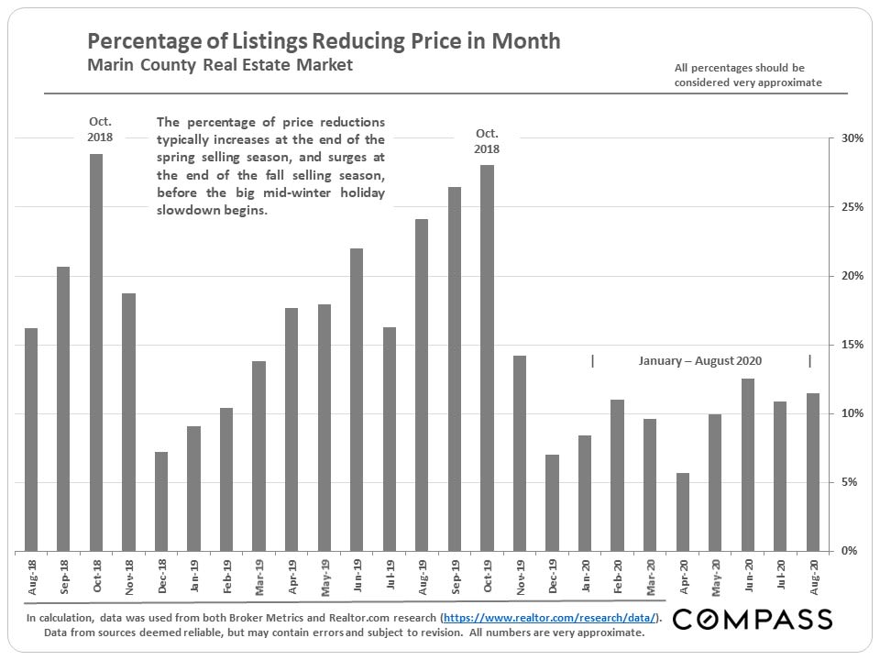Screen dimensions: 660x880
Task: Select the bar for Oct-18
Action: tap(96, 353)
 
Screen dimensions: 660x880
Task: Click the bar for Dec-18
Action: tap(161, 501)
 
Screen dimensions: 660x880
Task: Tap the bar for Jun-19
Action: tap(357, 400)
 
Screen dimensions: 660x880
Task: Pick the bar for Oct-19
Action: tap(487, 357)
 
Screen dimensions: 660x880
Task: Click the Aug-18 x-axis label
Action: tap(31, 577)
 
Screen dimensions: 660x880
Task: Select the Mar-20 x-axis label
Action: tap(650, 577)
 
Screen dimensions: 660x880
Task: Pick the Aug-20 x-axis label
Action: tap(812, 577)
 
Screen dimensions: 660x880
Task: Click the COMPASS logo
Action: tap(753, 619)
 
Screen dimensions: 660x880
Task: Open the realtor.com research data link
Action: tap(549, 618)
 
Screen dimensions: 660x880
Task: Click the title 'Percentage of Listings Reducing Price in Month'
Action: tap(324, 41)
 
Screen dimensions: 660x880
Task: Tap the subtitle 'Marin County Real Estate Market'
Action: tap(220, 66)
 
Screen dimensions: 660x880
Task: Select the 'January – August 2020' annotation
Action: tap(700, 361)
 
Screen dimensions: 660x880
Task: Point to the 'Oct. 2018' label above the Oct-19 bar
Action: tap(487, 141)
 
